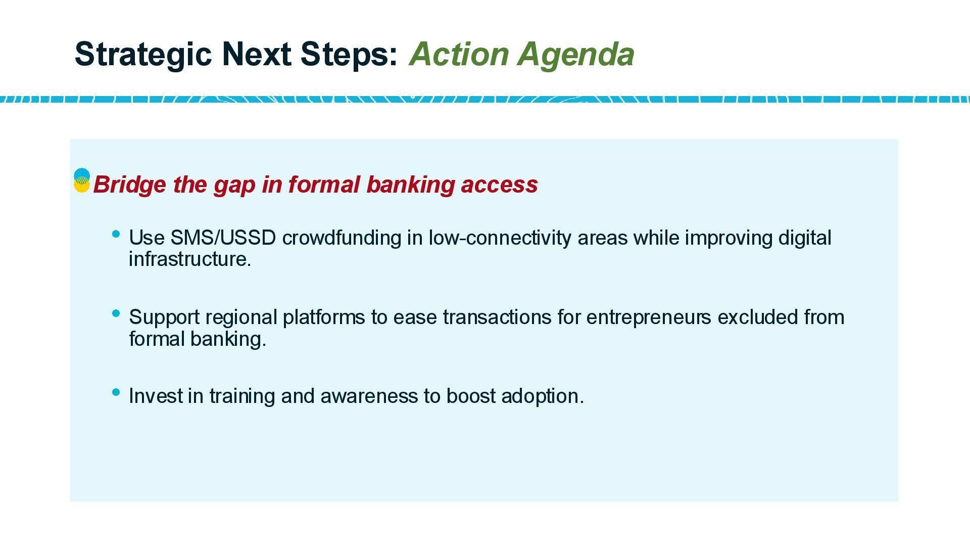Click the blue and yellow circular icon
(x=82, y=181)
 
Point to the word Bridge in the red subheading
(x=130, y=185)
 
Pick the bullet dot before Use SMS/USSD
(x=116, y=234)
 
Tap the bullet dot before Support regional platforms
(x=116, y=313)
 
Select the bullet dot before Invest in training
(x=116, y=392)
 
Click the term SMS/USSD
(x=223, y=238)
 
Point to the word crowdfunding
(x=342, y=238)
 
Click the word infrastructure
(x=190, y=259)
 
